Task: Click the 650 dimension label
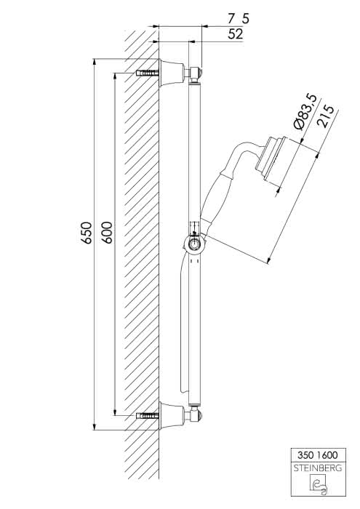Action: (87, 233)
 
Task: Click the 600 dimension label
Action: (107, 233)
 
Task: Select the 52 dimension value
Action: (236, 33)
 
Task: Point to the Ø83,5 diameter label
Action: (304, 111)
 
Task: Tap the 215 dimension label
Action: (326, 116)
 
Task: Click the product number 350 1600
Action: (318, 454)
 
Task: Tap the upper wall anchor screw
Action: (148, 73)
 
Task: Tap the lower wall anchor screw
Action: (148, 416)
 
